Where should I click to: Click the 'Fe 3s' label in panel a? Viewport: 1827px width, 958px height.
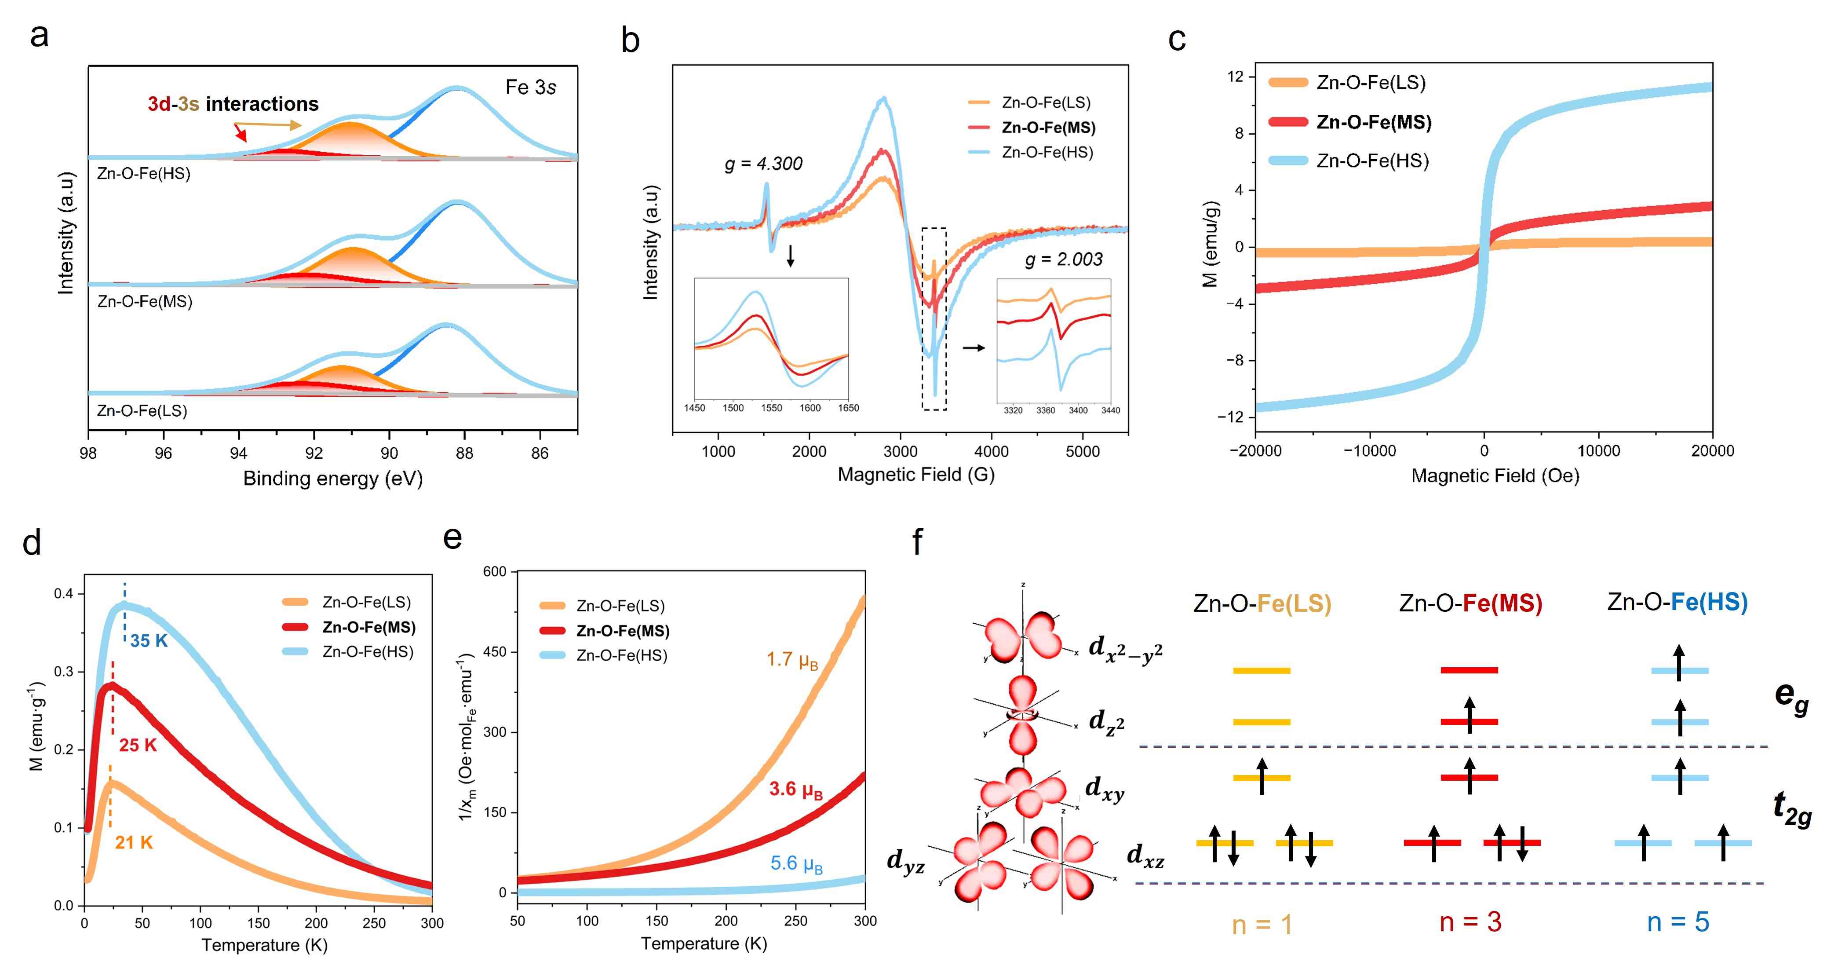point(530,87)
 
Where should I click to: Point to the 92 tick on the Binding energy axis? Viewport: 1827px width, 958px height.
point(314,453)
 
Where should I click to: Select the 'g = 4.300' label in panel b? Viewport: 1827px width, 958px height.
point(763,164)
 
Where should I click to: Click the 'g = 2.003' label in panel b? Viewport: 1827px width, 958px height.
point(1063,260)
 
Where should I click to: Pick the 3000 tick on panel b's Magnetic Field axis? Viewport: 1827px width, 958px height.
point(900,451)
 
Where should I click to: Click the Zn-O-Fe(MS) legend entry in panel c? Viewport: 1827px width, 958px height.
point(1373,122)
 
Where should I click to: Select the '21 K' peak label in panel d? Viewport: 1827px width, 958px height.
point(134,842)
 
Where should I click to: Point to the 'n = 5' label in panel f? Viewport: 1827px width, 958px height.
point(1677,922)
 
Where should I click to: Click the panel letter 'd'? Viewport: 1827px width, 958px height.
point(32,542)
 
